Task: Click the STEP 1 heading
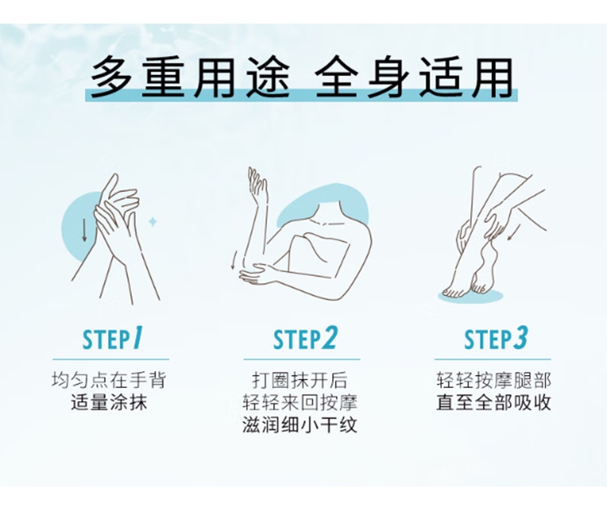[112, 338]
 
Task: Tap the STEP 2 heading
[305, 338]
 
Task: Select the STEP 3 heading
[495, 338]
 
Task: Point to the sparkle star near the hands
[153, 222]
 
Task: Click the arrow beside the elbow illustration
[233, 260]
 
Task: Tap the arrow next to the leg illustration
[516, 232]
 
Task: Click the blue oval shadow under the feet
[471, 296]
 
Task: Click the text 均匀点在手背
[109, 380]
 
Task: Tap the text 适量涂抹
[109, 403]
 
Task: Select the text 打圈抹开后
[299, 380]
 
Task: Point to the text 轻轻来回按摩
[299, 403]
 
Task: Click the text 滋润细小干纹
[299, 425]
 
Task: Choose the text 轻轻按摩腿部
[494, 380]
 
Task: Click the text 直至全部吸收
[494, 403]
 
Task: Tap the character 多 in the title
[111, 77]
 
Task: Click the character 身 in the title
[388, 77]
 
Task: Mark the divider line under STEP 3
[493, 360]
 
